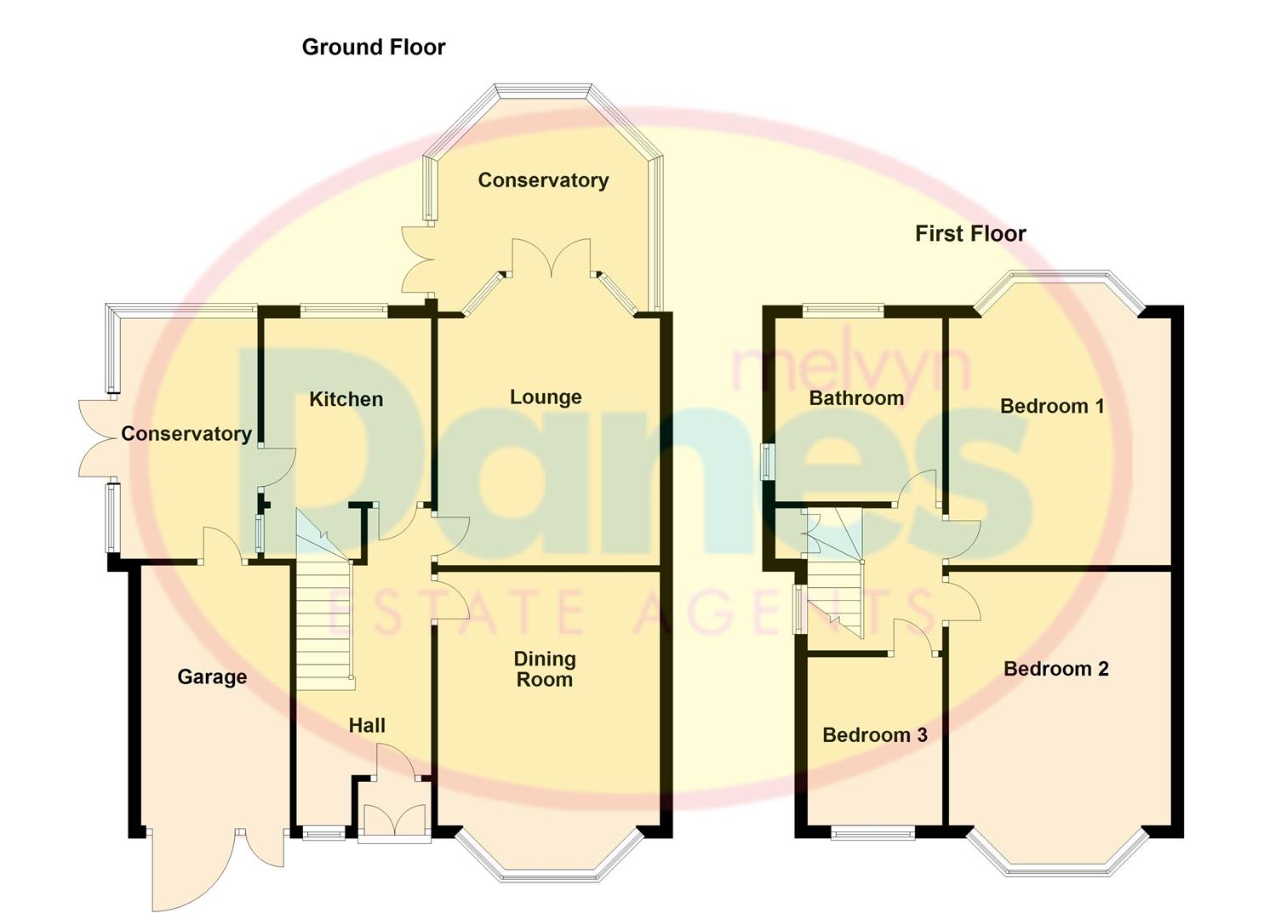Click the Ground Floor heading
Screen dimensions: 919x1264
click(373, 47)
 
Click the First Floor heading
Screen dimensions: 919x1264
click(969, 233)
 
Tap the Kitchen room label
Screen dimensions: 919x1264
click(346, 399)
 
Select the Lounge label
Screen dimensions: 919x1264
click(546, 397)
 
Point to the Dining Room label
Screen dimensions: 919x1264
click(545, 669)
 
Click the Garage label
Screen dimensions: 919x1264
click(212, 676)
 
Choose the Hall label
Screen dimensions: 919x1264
click(367, 725)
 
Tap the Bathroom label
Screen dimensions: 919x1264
click(855, 397)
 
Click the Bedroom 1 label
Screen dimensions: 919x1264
click(1051, 406)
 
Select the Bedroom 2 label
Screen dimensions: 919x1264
click(1055, 669)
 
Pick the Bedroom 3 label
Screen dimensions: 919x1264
click(874, 734)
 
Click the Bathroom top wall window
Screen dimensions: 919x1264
click(843, 311)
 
